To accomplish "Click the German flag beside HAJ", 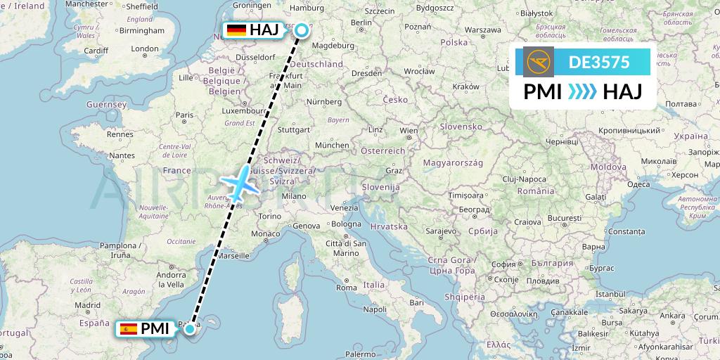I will pos(236,30).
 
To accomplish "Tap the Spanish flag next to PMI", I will pos(129,328).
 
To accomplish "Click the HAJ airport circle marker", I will pos(302,30).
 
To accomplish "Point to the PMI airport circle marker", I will pos(190,328).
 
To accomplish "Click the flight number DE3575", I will pos(599,62).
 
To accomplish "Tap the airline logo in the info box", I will pos(539,62).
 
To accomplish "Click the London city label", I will pos(145,49).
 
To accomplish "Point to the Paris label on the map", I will pos(184,115).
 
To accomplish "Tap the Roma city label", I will pos(347,287).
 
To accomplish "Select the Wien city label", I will pos(409,131).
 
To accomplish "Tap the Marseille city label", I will pos(235,257).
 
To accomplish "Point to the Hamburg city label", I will pos(307,8).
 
